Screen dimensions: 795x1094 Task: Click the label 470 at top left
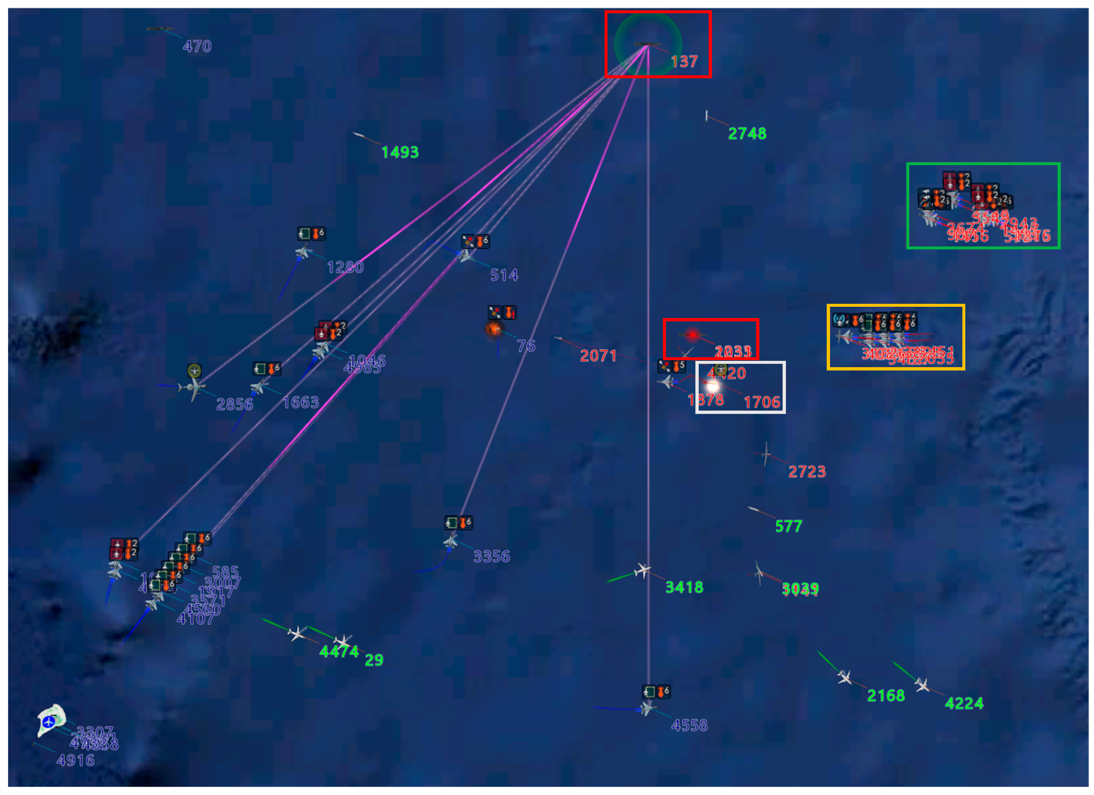(x=197, y=46)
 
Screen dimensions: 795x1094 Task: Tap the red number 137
(x=684, y=61)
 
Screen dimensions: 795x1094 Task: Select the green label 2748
(x=747, y=134)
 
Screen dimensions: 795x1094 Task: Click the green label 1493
(x=400, y=153)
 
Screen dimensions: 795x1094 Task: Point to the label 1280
(x=345, y=267)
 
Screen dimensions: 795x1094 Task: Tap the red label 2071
(x=598, y=356)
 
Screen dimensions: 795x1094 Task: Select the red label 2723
(x=806, y=471)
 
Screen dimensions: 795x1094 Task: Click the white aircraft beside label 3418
(x=643, y=571)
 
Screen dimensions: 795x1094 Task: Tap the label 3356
(x=491, y=556)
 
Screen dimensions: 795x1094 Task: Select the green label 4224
(x=964, y=703)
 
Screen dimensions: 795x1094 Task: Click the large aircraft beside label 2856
(x=192, y=388)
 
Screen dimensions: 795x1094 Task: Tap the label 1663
(x=300, y=402)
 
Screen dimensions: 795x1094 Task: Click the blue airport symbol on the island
(x=48, y=722)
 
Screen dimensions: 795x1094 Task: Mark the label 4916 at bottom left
(x=75, y=761)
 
